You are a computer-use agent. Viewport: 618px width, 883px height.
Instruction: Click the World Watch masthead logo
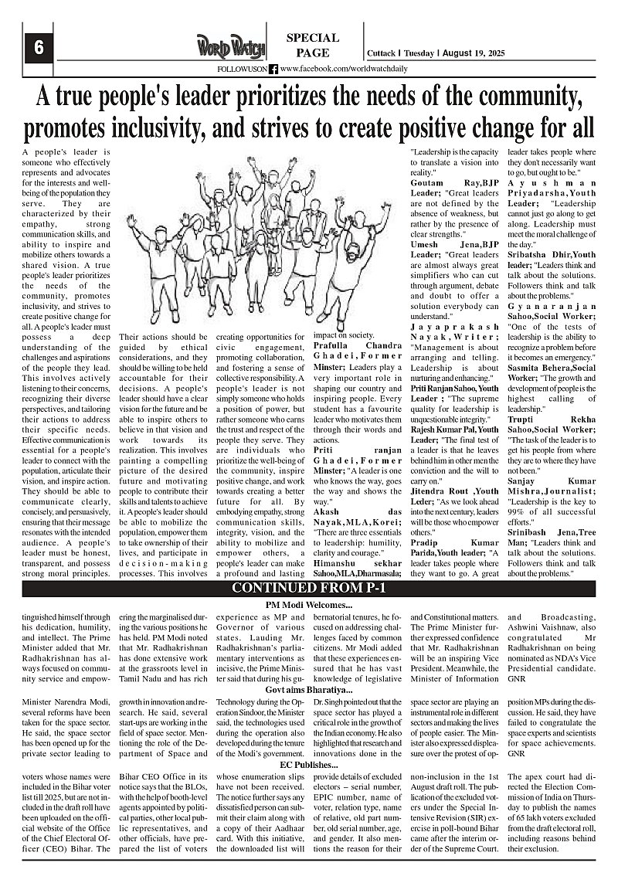[x=230, y=47]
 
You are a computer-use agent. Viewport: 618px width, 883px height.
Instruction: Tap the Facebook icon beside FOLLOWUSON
[x=273, y=69]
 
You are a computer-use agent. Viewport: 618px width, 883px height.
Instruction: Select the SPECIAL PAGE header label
[x=312, y=46]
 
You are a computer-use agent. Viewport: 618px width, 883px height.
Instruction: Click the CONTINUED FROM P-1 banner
[x=309, y=589]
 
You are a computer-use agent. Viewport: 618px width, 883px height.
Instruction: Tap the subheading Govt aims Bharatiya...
[x=309, y=689]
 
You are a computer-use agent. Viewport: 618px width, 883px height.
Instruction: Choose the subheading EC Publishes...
[x=309, y=765]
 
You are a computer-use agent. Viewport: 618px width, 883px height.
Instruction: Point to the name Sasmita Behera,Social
[x=552, y=371]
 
